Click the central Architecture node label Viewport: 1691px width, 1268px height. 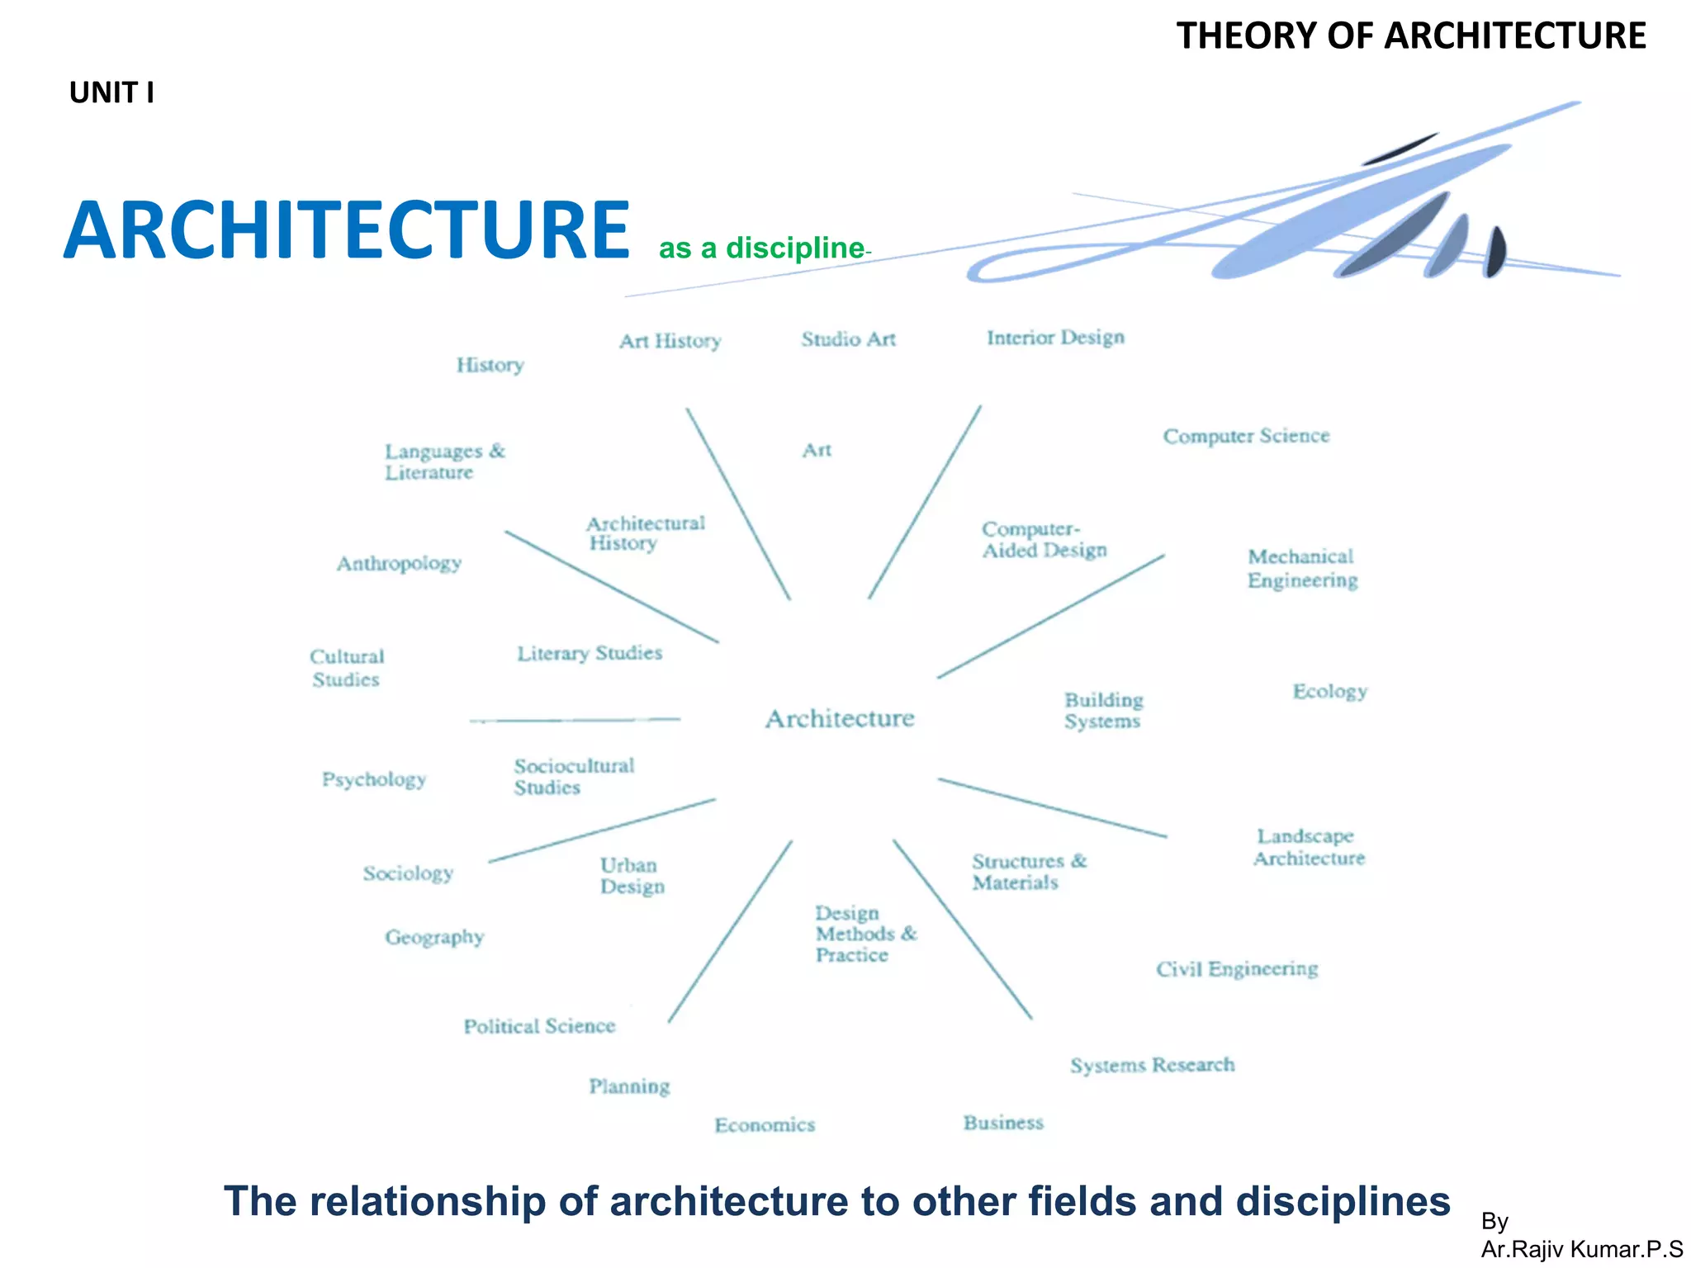coord(840,718)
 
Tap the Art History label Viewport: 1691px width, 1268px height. coord(670,341)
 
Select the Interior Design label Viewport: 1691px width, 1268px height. coord(1055,337)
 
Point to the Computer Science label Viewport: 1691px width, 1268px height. coord(1246,436)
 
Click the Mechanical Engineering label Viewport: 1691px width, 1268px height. coord(1302,568)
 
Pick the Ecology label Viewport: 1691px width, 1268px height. coord(1329,691)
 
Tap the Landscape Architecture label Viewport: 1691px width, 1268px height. coord(1309,847)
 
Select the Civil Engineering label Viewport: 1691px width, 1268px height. coord(1236,968)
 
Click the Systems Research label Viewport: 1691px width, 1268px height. coord(1152,1065)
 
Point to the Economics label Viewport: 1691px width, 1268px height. coord(765,1124)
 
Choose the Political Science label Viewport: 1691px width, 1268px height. coord(539,1026)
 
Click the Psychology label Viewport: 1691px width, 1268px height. coord(373,779)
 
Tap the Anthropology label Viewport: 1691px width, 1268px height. coord(399,563)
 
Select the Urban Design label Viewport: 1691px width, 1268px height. coord(632,876)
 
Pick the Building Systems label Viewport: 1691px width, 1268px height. coord(1103,711)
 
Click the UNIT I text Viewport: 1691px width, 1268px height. coord(111,92)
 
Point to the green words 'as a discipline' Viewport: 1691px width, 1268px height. coord(761,248)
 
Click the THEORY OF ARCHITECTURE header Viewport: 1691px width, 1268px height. coord(1410,35)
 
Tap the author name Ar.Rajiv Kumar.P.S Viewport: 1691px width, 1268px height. coord(1581,1249)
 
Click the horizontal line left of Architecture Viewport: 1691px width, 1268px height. coord(575,720)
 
